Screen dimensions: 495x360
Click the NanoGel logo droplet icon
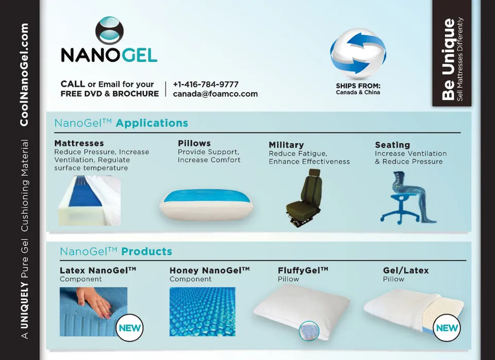point(109,30)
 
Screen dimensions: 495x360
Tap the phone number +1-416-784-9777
point(206,84)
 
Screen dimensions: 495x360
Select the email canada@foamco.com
point(216,94)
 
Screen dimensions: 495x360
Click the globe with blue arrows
point(358,53)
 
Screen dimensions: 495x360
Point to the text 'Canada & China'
point(358,92)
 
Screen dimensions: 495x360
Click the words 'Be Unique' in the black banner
point(448,59)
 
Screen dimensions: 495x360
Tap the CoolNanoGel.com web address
point(24,74)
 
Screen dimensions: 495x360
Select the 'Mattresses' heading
point(79,143)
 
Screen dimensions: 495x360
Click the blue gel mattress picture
point(89,200)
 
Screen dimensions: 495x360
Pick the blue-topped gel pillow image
point(206,204)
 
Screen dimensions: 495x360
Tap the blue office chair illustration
point(406,198)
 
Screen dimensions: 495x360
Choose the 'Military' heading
point(286,145)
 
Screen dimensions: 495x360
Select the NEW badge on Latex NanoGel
point(130,328)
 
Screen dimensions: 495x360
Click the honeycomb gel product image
point(202,312)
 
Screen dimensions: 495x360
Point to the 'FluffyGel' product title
point(303,270)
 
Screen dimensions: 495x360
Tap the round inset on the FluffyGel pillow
point(309,331)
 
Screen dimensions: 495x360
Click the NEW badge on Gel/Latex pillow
point(447,328)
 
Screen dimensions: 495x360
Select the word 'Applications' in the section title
point(152,123)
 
